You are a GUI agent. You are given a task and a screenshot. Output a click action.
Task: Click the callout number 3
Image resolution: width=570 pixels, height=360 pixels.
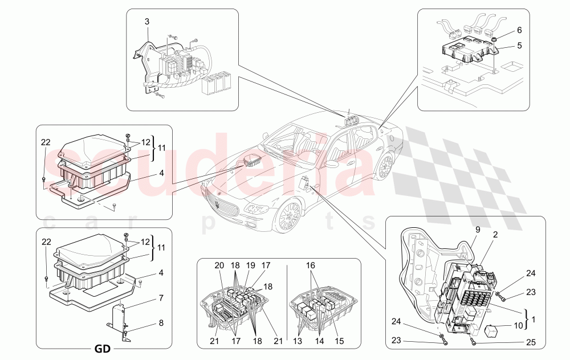point(146,22)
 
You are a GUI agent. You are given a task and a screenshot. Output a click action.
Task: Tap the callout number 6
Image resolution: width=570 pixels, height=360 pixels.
point(519,30)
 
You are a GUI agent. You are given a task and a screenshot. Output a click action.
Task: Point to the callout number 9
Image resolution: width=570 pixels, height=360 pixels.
point(478,230)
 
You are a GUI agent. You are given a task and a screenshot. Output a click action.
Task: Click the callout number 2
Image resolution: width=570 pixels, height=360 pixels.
point(495,234)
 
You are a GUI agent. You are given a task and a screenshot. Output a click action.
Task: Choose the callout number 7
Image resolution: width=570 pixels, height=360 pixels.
point(161,298)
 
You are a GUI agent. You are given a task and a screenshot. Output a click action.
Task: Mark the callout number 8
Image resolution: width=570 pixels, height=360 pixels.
point(161,322)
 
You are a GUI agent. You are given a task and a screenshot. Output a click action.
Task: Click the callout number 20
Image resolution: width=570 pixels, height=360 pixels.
point(220,265)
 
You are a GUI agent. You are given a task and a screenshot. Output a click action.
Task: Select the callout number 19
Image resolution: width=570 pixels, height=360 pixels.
point(250,265)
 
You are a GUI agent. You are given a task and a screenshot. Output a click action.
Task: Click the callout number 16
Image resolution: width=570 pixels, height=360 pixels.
point(310,265)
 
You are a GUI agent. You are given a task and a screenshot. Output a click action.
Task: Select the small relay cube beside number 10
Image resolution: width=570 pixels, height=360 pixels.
point(492,329)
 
